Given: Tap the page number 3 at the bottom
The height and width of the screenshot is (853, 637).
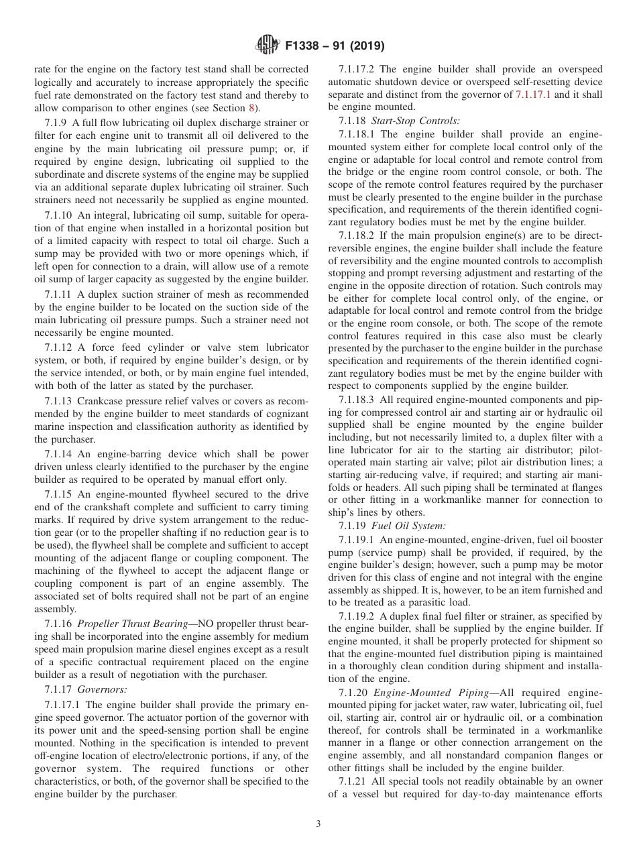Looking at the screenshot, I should [x=318, y=823].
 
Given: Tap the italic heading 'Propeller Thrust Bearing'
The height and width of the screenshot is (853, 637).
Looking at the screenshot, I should [x=131, y=623].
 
